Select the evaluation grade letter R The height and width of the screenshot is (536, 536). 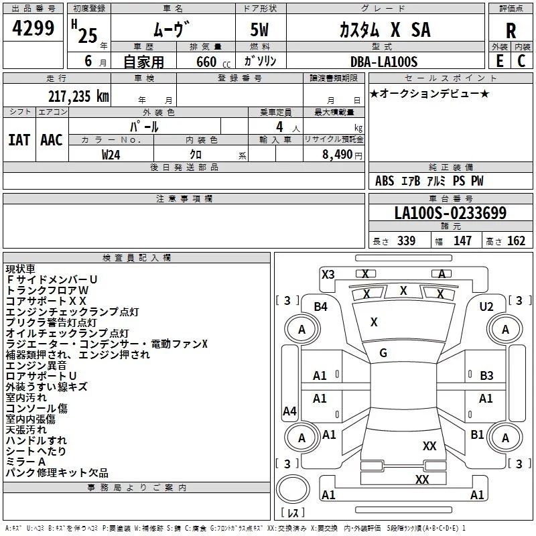(x=511, y=30)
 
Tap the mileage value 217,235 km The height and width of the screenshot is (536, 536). (x=79, y=95)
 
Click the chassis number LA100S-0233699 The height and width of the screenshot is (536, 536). (x=450, y=213)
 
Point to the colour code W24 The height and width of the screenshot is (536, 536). (x=111, y=154)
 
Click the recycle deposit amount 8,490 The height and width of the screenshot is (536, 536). (x=338, y=154)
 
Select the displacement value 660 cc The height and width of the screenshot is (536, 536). (x=206, y=62)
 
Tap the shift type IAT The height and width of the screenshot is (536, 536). (x=19, y=140)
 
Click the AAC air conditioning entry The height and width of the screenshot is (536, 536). (x=52, y=140)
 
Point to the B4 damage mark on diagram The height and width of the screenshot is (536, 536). (x=321, y=306)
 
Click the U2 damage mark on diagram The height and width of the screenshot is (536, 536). (x=486, y=306)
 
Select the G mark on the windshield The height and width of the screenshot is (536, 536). (x=383, y=353)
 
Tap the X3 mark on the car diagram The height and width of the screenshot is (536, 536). (x=328, y=274)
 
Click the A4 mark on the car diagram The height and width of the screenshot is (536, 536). (x=289, y=411)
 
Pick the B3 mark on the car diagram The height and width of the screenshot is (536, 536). (x=486, y=376)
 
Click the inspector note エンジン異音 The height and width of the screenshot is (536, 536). (x=36, y=365)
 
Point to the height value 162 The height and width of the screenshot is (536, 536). (x=516, y=241)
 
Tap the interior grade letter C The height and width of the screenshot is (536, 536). (x=521, y=61)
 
